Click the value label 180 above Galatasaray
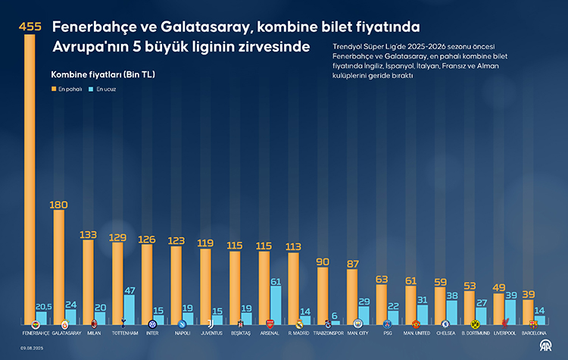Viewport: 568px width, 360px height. click(x=59, y=205)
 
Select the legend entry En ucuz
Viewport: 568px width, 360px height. click(x=105, y=89)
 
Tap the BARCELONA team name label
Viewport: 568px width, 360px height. click(x=535, y=333)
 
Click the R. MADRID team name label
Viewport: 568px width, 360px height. click(x=298, y=333)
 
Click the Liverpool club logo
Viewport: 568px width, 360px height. click(x=504, y=324)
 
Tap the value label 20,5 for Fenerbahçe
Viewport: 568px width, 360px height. click(x=42, y=306)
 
